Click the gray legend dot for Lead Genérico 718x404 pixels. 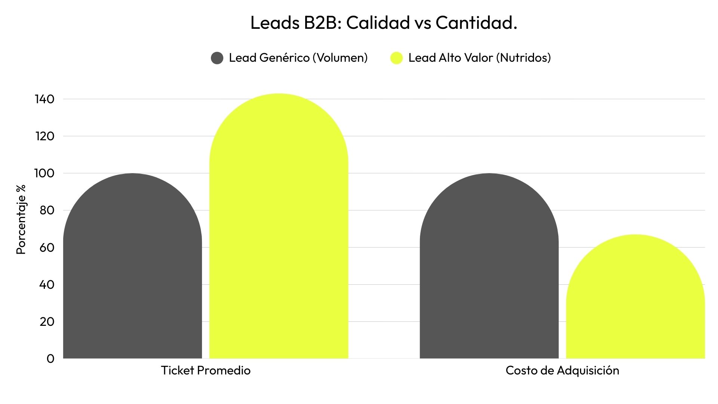click(x=217, y=58)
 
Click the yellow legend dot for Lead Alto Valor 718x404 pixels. click(x=396, y=58)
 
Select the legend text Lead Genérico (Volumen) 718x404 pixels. click(x=298, y=58)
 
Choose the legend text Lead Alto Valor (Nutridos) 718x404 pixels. click(x=479, y=58)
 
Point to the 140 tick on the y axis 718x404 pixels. click(x=45, y=99)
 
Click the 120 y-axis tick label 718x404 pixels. click(x=45, y=136)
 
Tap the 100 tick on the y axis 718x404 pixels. click(x=45, y=173)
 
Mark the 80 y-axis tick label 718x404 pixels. click(x=47, y=210)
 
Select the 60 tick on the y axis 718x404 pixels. click(x=47, y=247)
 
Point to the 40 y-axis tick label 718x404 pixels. click(x=47, y=284)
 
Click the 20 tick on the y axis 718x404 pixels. click(x=47, y=321)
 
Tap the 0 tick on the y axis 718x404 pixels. click(x=50, y=359)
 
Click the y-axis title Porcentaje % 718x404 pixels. click(x=21, y=220)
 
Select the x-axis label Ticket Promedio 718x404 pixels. click(x=206, y=370)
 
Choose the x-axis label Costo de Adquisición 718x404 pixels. click(x=562, y=370)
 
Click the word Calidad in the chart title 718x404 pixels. click(x=378, y=23)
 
